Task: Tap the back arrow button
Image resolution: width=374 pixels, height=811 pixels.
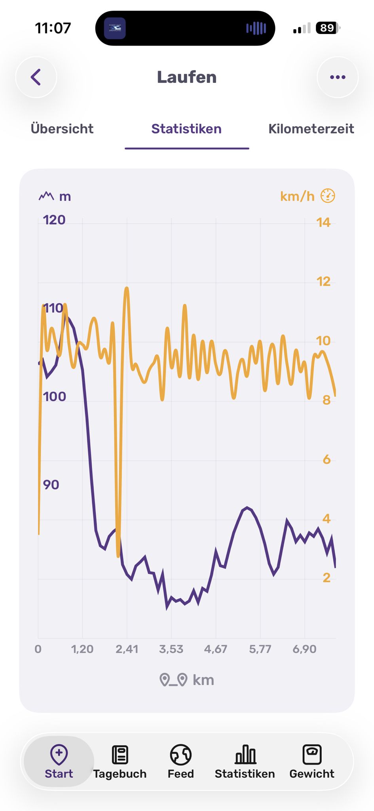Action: pyautogui.click(x=36, y=77)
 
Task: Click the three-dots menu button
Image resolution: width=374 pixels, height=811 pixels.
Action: pyautogui.click(x=338, y=77)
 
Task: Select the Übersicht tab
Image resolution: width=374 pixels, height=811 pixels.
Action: pyautogui.click(x=62, y=129)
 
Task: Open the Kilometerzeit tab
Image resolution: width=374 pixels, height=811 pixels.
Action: pyautogui.click(x=311, y=129)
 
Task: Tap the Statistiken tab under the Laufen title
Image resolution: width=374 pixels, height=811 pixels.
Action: pyautogui.click(x=186, y=129)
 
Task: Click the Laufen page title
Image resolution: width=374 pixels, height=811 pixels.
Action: pyautogui.click(x=187, y=77)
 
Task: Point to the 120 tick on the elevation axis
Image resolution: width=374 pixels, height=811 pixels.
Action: pyautogui.click(x=54, y=220)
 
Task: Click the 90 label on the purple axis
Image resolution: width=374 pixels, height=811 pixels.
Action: pyautogui.click(x=51, y=485)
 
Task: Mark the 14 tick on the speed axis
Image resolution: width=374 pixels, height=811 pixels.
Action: pyautogui.click(x=323, y=222)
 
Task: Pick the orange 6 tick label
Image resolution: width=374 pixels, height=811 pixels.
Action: pyautogui.click(x=327, y=459)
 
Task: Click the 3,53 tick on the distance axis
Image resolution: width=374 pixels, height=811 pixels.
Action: pyautogui.click(x=171, y=649)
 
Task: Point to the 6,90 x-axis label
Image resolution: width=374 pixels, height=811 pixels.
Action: pyautogui.click(x=304, y=649)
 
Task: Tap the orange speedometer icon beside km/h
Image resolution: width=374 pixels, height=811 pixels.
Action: pyautogui.click(x=328, y=196)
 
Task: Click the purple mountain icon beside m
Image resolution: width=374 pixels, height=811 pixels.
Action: pyautogui.click(x=46, y=196)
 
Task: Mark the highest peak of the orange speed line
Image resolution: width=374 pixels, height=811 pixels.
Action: pyautogui.click(x=127, y=288)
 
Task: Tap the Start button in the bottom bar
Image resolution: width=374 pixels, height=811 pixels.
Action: pyautogui.click(x=59, y=761)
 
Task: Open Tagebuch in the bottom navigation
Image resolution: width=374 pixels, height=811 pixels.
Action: pyautogui.click(x=120, y=762)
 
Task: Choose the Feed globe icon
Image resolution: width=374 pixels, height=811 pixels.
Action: pyautogui.click(x=181, y=754)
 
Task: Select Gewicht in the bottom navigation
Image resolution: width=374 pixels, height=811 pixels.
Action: pyautogui.click(x=312, y=762)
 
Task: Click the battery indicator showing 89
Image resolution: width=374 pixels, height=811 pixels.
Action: pyautogui.click(x=328, y=28)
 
